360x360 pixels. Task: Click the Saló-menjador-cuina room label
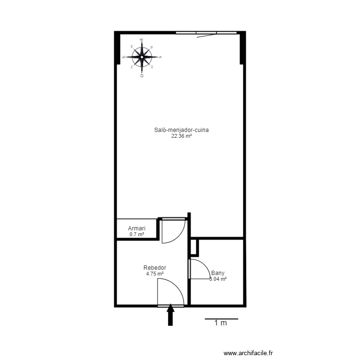click(181, 130)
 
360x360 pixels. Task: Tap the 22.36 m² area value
click(181, 136)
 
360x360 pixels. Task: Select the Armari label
click(136, 228)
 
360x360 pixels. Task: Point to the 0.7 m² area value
click(136, 235)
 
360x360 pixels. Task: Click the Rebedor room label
click(155, 268)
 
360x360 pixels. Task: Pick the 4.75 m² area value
click(155, 274)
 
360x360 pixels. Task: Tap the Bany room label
click(217, 273)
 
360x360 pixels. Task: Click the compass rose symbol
click(142, 57)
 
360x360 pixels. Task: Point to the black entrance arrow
click(170, 316)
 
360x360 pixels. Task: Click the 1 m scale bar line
click(221, 318)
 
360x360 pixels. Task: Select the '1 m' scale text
click(221, 324)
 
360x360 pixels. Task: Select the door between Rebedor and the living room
click(173, 230)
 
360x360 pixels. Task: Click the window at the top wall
click(206, 33)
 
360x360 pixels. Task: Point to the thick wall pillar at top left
click(117, 48)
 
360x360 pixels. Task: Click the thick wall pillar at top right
click(243, 48)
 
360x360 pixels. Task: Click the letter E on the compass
click(141, 40)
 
